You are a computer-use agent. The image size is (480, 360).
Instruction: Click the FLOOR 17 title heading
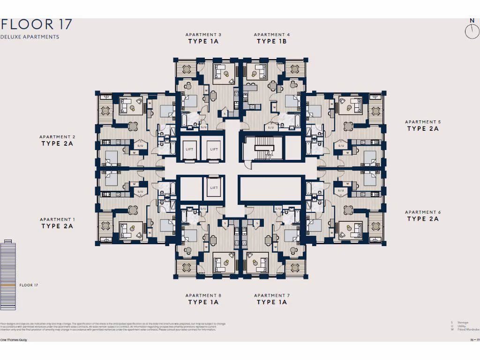click(36, 24)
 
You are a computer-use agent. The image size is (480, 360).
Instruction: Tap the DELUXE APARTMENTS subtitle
click(30, 37)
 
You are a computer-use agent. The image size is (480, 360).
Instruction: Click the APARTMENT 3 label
click(203, 35)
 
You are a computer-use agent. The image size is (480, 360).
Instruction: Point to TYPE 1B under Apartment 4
click(271, 41)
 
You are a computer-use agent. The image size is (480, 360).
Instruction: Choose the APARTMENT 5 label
click(423, 122)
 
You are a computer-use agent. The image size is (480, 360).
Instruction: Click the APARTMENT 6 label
click(423, 212)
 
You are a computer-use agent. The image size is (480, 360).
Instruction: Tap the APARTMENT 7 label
click(272, 295)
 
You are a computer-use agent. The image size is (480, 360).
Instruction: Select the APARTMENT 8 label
click(203, 295)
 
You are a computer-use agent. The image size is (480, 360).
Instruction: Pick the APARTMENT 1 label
click(57, 219)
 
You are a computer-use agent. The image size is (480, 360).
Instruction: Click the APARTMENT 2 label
click(57, 137)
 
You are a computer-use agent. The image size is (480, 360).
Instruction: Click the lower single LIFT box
click(214, 187)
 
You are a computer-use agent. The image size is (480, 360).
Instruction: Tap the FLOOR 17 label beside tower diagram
click(29, 285)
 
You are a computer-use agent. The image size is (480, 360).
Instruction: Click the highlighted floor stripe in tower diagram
click(8, 285)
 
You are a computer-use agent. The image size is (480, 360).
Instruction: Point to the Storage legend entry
click(462, 322)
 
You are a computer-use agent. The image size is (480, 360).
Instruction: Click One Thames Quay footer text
click(13, 339)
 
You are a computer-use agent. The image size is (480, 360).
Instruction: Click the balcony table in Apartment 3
click(186, 70)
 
